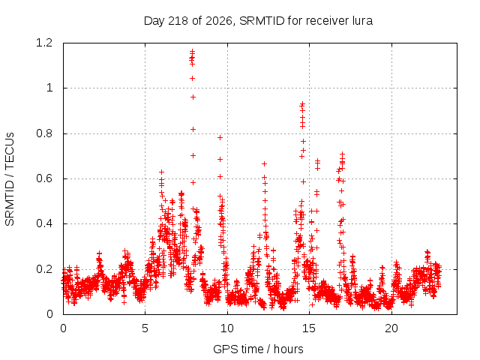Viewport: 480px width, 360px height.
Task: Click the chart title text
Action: tap(258, 21)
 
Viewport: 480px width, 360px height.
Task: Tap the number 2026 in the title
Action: tap(218, 21)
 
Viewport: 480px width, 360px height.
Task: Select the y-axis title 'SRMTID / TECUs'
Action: tap(10, 179)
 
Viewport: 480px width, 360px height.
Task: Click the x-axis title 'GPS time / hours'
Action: tap(258, 349)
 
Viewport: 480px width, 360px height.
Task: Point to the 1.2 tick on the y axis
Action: tap(44, 43)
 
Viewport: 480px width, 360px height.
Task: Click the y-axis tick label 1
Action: tap(49, 88)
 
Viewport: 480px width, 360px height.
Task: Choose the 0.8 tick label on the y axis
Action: tap(44, 133)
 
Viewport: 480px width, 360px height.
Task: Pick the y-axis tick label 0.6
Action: tap(44, 178)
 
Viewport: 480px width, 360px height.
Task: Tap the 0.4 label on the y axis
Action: tap(44, 223)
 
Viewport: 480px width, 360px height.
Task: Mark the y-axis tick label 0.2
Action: tap(44, 269)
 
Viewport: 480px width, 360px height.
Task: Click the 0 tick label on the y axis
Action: tap(49, 314)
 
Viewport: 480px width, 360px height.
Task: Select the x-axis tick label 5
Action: tap(145, 328)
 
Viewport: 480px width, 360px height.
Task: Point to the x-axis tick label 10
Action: tap(227, 328)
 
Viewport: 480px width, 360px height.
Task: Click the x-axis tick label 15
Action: tap(309, 328)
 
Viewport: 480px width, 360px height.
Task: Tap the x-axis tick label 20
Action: tap(391, 328)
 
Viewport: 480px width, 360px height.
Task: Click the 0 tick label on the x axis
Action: tap(63, 328)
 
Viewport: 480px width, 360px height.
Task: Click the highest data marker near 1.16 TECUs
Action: tap(193, 51)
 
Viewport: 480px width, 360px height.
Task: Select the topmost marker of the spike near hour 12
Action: tap(264, 164)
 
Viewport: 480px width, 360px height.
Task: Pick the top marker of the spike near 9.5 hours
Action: tap(220, 138)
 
